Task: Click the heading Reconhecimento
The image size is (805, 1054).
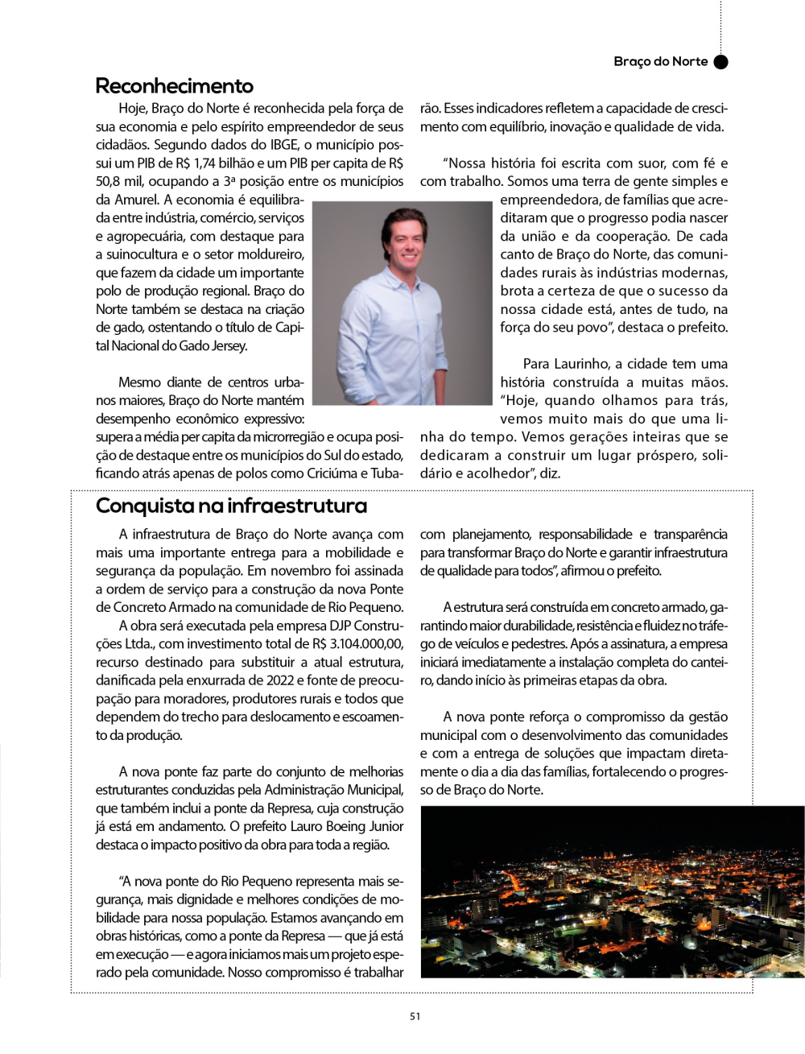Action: pyautogui.click(x=174, y=86)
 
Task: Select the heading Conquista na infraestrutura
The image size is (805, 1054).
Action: pyautogui.click(x=231, y=506)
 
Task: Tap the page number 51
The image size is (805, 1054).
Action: pyautogui.click(x=415, y=1016)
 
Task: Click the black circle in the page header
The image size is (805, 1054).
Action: pyautogui.click(x=721, y=62)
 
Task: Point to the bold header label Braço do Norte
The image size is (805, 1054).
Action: pyautogui.click(x=660, y=62)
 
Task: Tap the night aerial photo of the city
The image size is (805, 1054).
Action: pyautogui.click(x=612, y=891)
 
